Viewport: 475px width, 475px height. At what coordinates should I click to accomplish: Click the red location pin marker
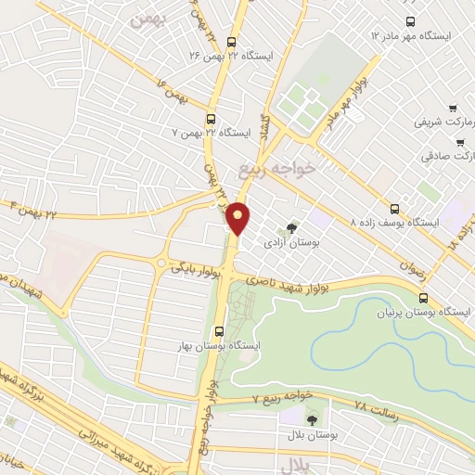coord(238,218)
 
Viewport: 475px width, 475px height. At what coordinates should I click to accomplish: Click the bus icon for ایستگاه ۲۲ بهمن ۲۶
coord(231,41)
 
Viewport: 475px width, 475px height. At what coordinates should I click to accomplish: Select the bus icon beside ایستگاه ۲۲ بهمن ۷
coord(211,119)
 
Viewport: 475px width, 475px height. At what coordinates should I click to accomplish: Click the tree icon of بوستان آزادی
coord(293,227)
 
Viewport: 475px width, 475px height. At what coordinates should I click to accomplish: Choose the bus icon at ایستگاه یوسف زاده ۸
coord(394,208)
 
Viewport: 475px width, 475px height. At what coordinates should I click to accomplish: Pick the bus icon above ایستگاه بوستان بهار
coord(219,330)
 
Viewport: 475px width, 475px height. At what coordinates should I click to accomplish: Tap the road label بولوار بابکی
coord(195,266)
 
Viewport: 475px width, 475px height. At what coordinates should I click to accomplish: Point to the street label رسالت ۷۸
coord(376,407)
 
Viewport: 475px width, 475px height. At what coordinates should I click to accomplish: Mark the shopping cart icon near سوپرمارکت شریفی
coord(452,108)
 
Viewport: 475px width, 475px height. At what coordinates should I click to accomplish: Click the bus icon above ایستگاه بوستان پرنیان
coord(424,298)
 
